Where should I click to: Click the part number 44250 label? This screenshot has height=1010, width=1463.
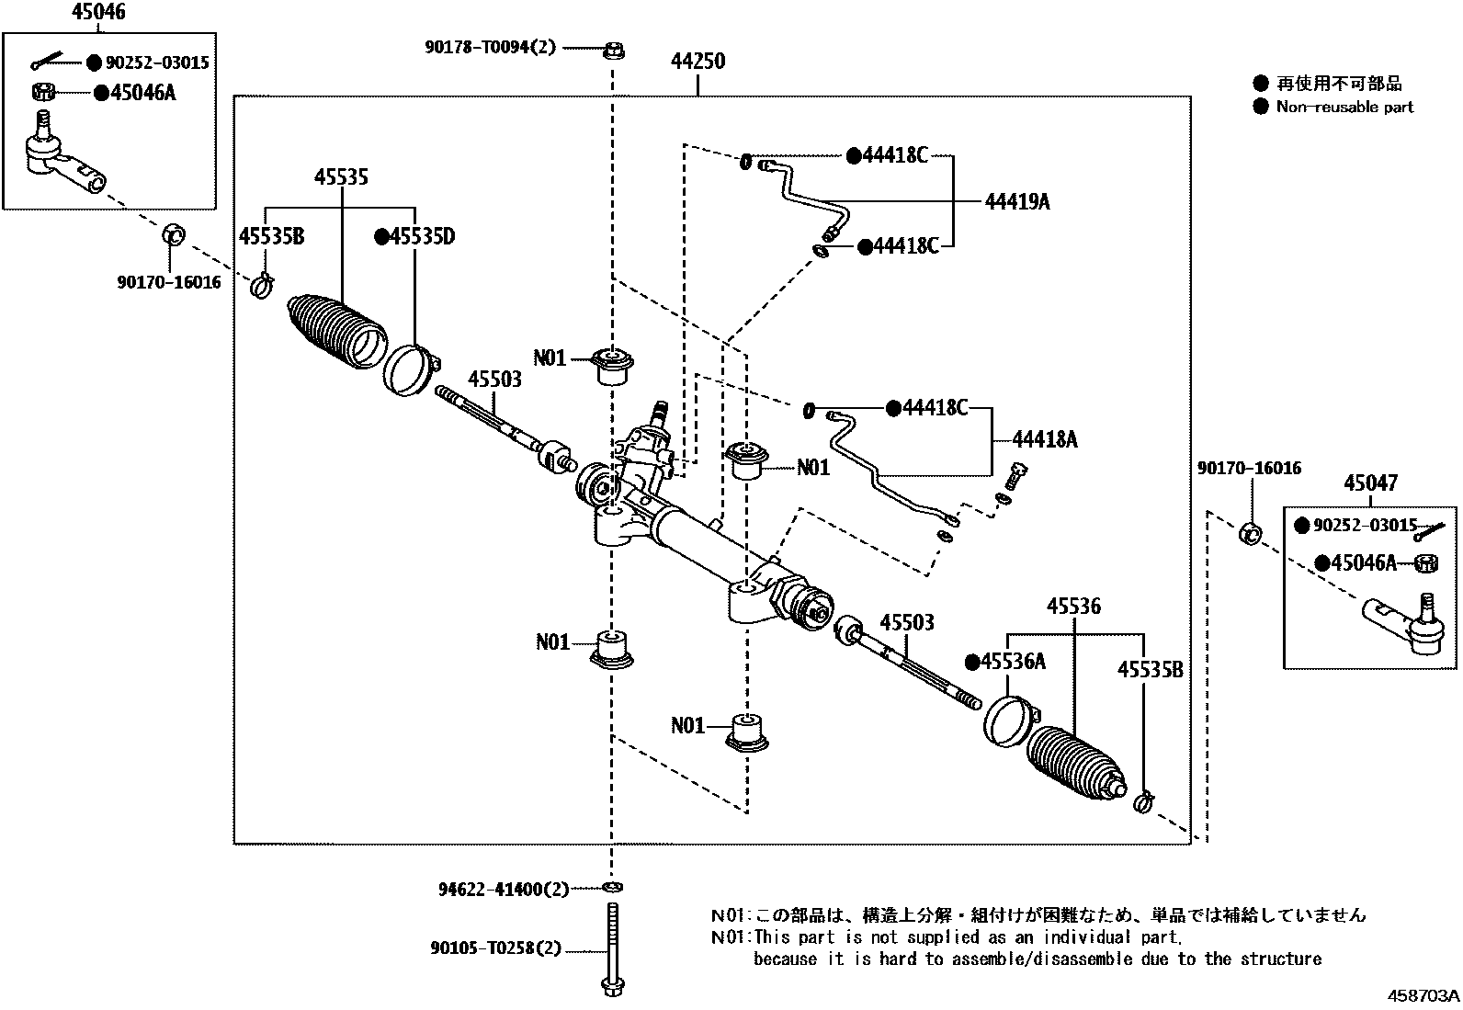[697, 62]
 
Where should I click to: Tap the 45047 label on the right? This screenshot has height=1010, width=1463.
[1370, 483]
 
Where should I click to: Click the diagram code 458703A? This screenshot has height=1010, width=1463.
[1423, 996]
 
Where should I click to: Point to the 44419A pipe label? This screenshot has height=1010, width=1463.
[1016, 201]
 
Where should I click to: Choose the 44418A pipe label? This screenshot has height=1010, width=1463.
[1046, 440]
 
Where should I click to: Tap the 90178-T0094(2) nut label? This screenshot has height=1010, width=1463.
[490, 47]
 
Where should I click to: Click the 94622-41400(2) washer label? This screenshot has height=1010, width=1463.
[503, 889]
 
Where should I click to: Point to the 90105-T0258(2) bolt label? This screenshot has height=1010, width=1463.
[494, 948]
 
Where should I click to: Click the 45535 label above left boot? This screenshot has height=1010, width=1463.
[341, 176]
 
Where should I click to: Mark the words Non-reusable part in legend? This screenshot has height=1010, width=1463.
[1344, 107]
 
